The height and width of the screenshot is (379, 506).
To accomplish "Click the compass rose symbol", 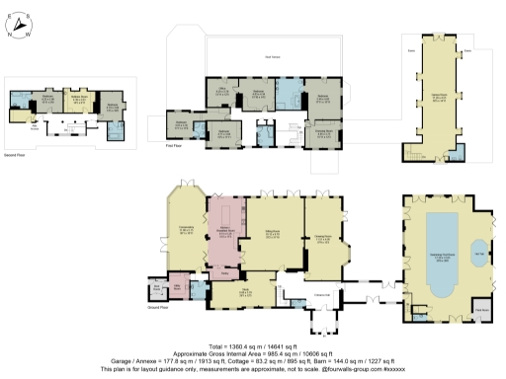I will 23,22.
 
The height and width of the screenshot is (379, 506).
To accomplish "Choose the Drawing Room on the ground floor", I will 322,238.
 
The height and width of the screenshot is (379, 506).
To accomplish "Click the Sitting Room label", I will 264,235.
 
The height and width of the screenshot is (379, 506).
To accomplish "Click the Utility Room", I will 178,287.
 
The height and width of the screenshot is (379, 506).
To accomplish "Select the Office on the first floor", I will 223,92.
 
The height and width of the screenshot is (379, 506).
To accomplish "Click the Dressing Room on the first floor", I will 322,130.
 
